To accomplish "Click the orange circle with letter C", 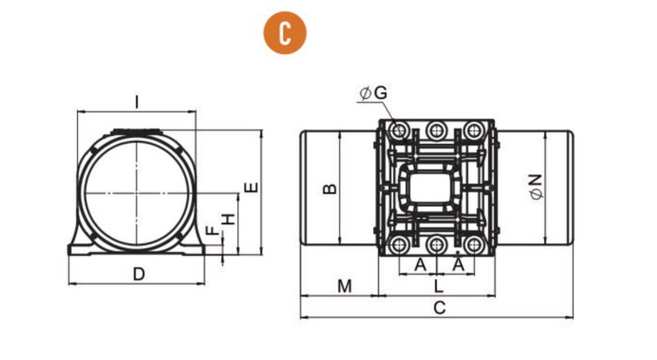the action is click(x=285, y=32).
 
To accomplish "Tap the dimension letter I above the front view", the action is click(x=137, y=102).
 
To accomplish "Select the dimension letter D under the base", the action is click(x=138, y=274).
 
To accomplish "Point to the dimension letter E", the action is click(x=251, y=187).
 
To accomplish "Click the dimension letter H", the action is click(x=229, y=219).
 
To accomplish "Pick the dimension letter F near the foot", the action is click(x=212, y=230).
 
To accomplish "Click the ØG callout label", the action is click(x=374, y=93).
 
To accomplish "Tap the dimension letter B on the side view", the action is click(x=329, y=188).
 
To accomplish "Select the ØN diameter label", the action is click(x=536, y=187).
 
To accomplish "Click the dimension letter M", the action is click(x=344, y=286).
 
